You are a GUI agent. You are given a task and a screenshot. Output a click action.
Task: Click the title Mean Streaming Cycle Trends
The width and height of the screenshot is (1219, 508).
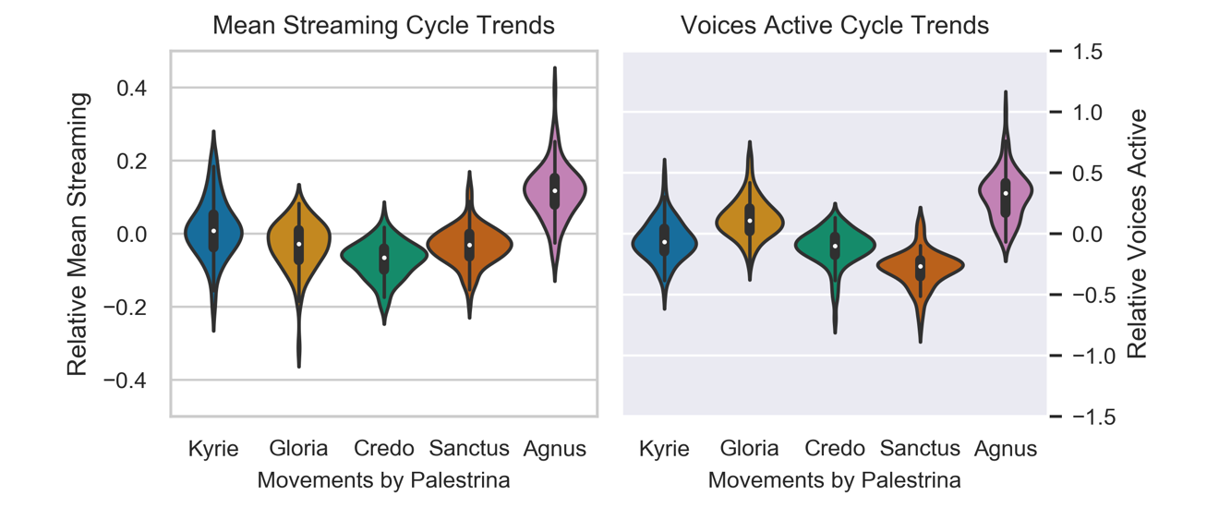coord(383,25)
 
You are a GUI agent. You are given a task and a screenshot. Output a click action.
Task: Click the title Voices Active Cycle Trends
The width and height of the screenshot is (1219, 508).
coord(834,25)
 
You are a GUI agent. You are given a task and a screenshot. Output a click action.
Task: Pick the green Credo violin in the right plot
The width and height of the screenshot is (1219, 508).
coord(835,245)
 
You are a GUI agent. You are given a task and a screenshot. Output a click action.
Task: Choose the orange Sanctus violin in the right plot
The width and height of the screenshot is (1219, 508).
coord(920,266)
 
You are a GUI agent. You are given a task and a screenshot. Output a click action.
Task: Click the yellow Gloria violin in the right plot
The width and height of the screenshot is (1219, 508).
coord(750,219)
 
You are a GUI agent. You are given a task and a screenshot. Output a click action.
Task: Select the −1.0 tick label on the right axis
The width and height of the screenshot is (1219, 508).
coord(1080,356)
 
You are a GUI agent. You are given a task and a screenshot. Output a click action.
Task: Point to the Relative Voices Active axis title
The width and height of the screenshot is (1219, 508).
coord(1138,233)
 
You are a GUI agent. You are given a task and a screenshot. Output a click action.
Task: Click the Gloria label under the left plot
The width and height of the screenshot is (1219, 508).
coord(298,449)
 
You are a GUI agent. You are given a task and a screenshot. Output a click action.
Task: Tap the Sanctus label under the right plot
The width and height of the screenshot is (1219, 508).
coord(920,449)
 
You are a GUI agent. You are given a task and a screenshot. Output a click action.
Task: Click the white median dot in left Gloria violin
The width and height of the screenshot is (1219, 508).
coord(298,244)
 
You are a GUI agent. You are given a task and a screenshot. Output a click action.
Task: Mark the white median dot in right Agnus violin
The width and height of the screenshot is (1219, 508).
coord(1005,193)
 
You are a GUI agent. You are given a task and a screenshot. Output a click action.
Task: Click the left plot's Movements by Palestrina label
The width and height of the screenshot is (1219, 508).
coord(383,480)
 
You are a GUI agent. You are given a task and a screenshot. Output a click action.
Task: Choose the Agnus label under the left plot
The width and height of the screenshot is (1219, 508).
coord(555,449)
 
